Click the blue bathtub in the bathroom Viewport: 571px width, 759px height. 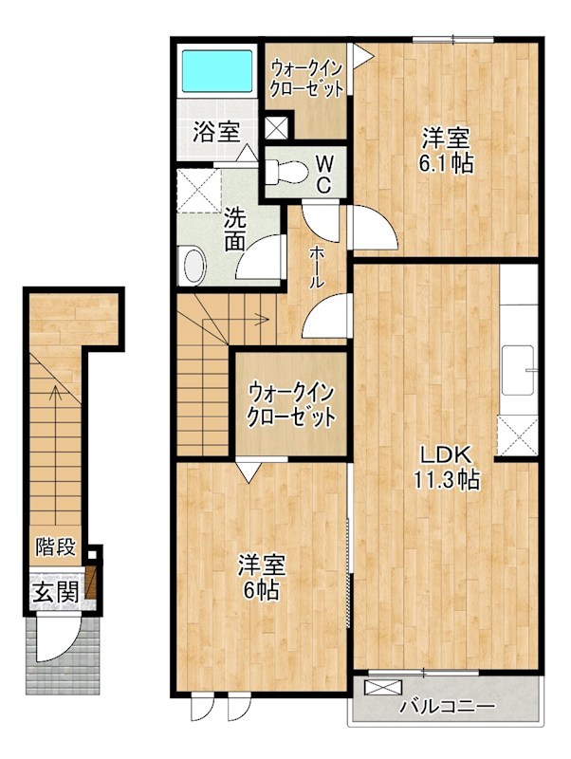point(216,72)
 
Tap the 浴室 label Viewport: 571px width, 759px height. point(216,133)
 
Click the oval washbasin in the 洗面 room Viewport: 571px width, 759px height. point(194,265)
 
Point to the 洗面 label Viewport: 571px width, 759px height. point(235,229)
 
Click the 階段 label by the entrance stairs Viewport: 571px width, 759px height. point(55,546)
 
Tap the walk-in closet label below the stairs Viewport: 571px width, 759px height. point(291,404)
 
